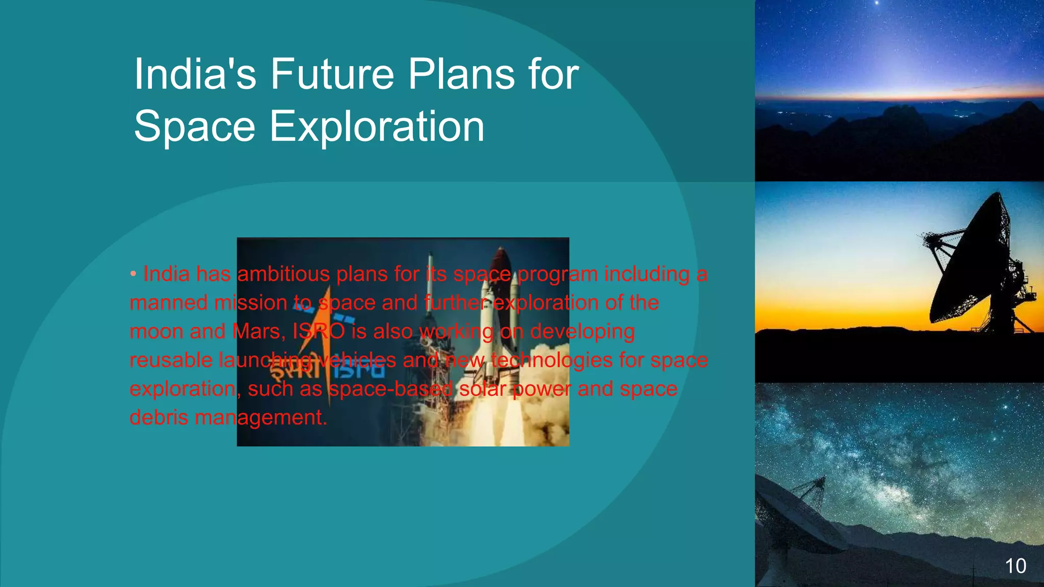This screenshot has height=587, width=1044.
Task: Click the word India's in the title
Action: click(x=195, y=74)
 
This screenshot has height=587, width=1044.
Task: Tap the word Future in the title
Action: click(x=332, y=74)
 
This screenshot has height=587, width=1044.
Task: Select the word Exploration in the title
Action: click(x=377, y=126)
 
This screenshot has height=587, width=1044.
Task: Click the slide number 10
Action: click(x=1015, y=566)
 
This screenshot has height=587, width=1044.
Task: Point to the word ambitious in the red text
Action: click(x=284, y=274)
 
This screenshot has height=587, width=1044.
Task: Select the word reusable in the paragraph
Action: click(x=170, y=360)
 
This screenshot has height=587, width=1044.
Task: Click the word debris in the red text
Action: click(x=159, y=418)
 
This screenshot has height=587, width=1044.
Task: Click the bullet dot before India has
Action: click(x=133, y=274)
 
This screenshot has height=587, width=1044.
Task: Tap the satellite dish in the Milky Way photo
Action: click(x=795, y=515)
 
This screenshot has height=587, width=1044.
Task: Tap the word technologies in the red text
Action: click(x=552, y=360)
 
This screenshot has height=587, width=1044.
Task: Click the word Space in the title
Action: click(x=194, y=126)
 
